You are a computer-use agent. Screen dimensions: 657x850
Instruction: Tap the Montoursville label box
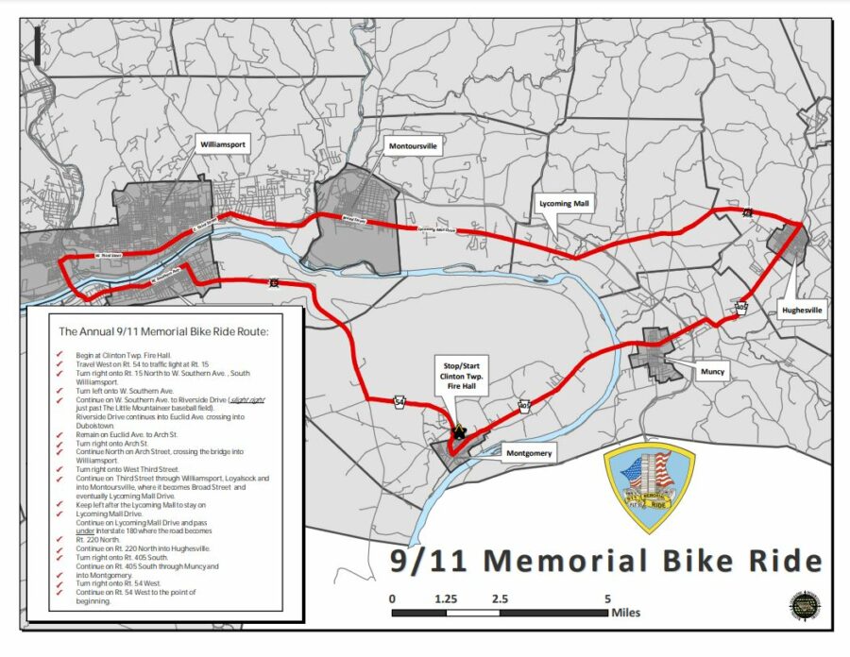414,146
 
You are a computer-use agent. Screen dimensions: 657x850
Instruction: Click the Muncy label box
713,371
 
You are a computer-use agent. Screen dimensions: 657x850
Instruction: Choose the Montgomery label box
528,453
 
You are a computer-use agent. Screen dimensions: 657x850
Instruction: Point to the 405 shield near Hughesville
741,308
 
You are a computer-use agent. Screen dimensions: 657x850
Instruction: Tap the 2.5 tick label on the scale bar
500,598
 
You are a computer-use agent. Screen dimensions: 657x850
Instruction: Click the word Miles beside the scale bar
625,613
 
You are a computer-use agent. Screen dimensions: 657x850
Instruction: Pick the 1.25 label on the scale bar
446,598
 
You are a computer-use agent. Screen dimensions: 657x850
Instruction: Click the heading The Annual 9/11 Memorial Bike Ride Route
163,331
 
